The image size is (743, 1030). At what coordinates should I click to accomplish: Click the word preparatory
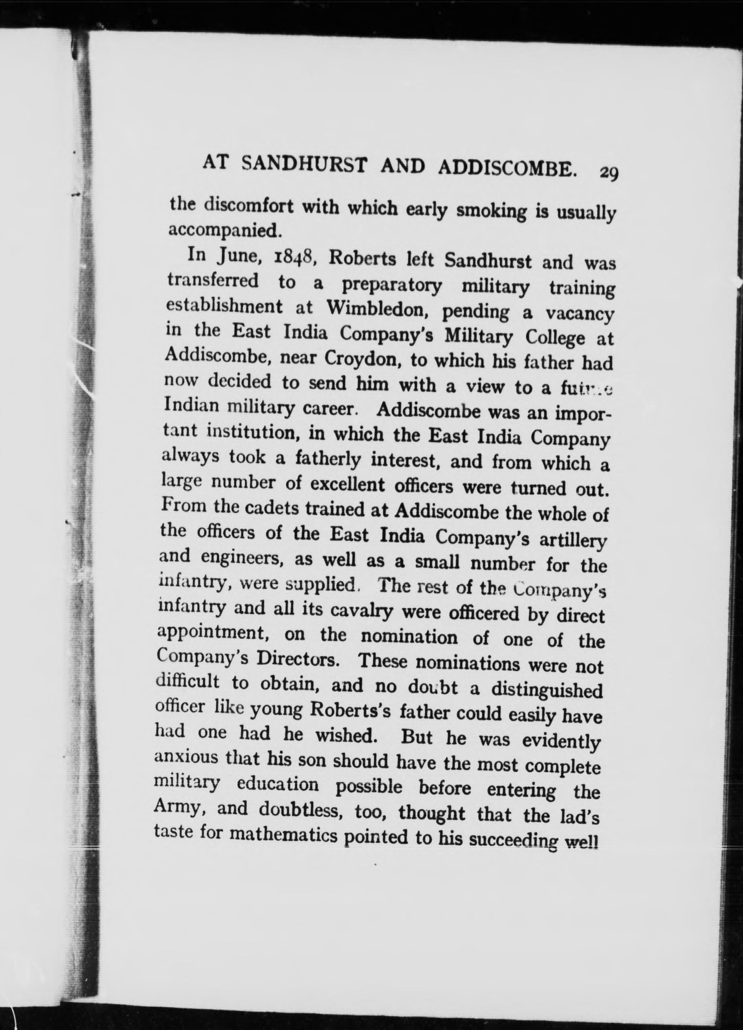coord(391,284)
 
